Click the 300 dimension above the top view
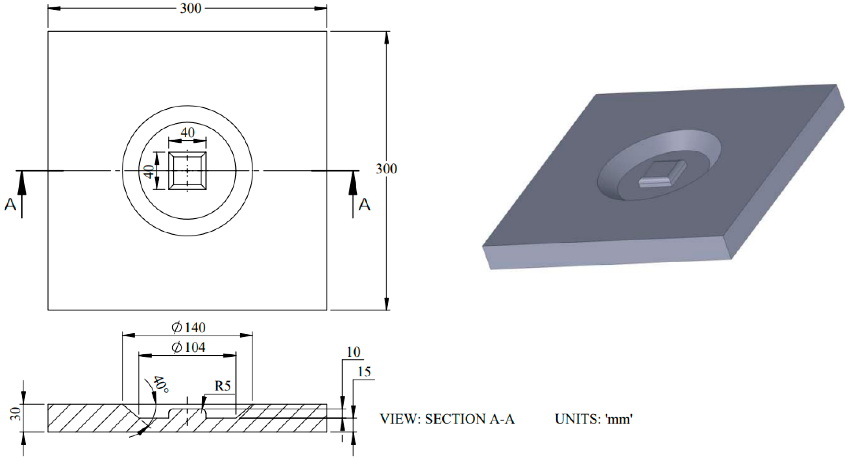(190, 8)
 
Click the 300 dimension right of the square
(386, 169)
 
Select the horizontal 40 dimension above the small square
(188, 133)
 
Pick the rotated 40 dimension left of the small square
(149, 171)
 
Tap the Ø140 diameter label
(189, 328)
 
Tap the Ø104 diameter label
(189, 347)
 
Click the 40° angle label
(161, 384)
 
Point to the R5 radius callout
(222, 386)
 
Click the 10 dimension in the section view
(353, 352)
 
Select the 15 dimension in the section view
(364, 372)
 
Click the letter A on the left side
(10, 205)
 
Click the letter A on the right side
(364, 205)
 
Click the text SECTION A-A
(469, 419)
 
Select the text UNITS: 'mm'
(593, 419)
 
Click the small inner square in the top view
(188, 171)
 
